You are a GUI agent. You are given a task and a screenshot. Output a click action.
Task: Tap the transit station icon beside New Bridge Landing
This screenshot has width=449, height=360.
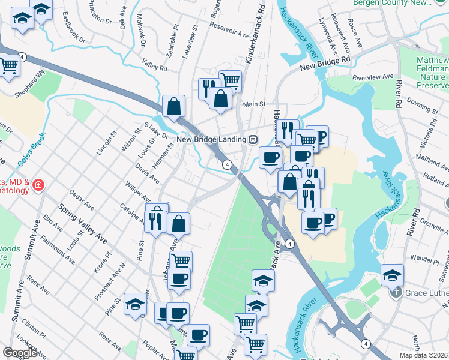[254, 139]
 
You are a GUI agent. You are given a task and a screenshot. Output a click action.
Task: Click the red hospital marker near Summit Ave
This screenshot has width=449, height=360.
[38, 185]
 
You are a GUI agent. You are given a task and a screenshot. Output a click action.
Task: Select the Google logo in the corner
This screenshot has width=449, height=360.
[20, 353]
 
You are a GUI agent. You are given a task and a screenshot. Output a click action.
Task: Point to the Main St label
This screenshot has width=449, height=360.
[254, 104]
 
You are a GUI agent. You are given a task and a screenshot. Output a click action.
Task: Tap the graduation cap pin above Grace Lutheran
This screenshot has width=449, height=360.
[392, 275]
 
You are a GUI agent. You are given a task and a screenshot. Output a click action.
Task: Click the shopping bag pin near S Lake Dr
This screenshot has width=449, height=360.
[173, 106]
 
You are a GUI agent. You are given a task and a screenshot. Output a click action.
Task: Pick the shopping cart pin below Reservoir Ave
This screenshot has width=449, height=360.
[230, 80]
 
